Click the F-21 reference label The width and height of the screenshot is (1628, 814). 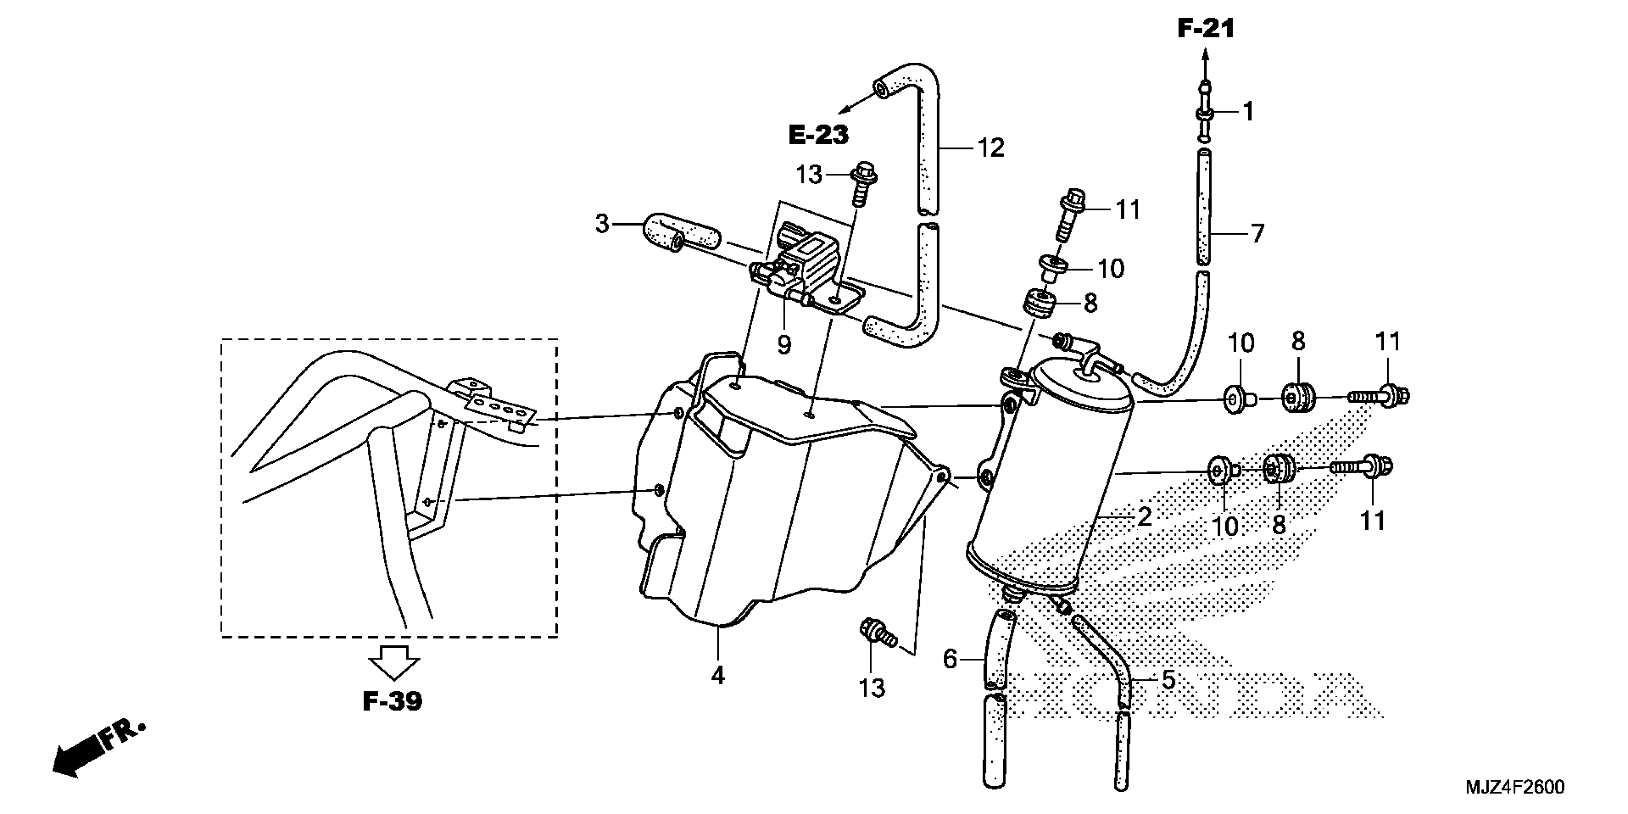1205,28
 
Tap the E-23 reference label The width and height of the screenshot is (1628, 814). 818,135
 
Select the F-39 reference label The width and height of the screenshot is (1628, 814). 393,701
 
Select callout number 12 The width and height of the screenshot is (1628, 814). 990,148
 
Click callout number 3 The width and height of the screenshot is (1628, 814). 602,224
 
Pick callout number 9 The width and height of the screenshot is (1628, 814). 784,345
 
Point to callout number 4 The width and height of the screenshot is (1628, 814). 717,676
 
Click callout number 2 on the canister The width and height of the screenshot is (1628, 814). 1144,517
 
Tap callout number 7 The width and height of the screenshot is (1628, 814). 1258,234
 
